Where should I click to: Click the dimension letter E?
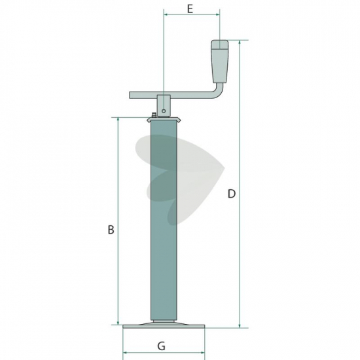190,9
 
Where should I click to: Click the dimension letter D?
232,194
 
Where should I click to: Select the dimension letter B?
111,230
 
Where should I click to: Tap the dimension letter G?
161,346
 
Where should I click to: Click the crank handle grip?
220,62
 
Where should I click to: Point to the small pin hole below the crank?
164,111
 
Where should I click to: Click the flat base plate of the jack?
164,326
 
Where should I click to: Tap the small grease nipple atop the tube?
154,115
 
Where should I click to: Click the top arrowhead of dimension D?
240,43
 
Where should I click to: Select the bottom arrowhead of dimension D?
240,325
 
